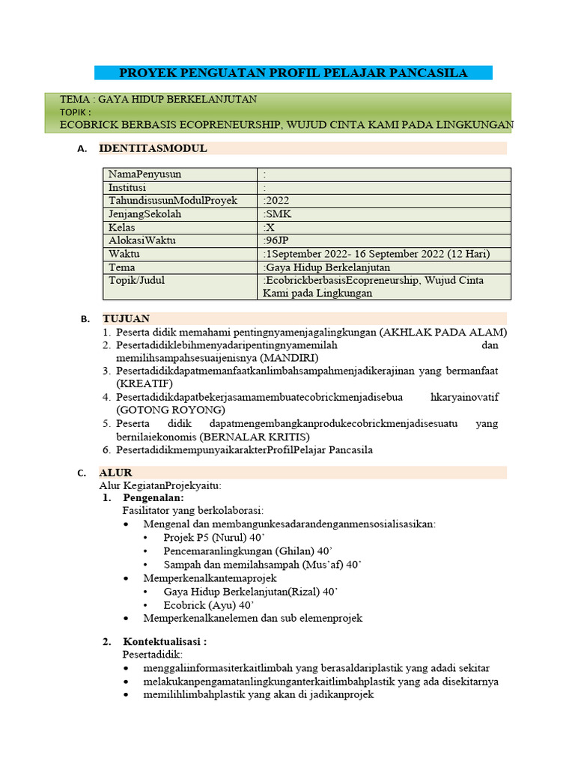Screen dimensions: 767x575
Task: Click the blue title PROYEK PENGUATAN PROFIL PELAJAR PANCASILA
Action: [293, 73]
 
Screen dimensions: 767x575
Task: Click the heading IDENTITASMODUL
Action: [153, 148]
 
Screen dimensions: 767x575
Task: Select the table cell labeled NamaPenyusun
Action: [144, 175]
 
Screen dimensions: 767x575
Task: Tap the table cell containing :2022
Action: [277, 201]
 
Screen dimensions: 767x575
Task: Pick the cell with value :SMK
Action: [279, 214]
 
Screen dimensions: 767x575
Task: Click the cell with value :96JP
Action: [278, 240]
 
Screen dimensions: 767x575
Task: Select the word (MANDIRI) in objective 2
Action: [270, 359]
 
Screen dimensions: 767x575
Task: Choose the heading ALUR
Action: [115, 473]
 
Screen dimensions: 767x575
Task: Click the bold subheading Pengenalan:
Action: [153, 497]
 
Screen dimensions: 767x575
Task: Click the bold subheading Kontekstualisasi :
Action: [165, 641]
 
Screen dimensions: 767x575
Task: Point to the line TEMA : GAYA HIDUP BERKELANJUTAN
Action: [159, 100]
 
